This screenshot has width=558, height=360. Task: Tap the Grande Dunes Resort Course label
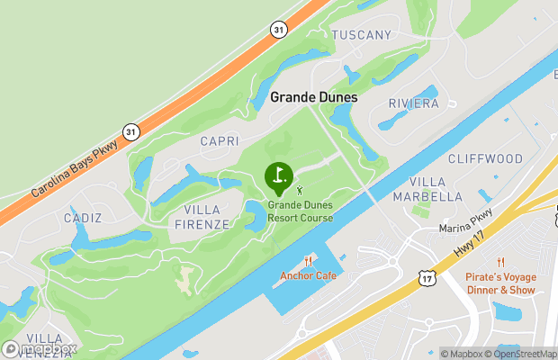(300, 211)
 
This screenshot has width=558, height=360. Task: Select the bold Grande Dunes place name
(314, 97)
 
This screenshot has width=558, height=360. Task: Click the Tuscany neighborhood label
(362, 35)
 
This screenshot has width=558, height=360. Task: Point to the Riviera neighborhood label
(414, 103)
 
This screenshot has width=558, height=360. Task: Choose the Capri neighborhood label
(220, 141)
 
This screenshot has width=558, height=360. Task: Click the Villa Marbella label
(428, 190)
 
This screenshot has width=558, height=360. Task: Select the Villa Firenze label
(207, 217)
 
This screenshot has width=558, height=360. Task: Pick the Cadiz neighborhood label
(83, 218)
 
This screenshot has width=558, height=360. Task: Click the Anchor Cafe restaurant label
(308, 275)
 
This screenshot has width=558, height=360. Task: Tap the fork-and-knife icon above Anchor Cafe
(308, 261)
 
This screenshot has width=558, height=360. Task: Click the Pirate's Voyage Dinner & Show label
(500, 283)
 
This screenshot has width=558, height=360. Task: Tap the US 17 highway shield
(427, 280)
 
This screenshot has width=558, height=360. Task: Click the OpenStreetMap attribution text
(524, 354)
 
